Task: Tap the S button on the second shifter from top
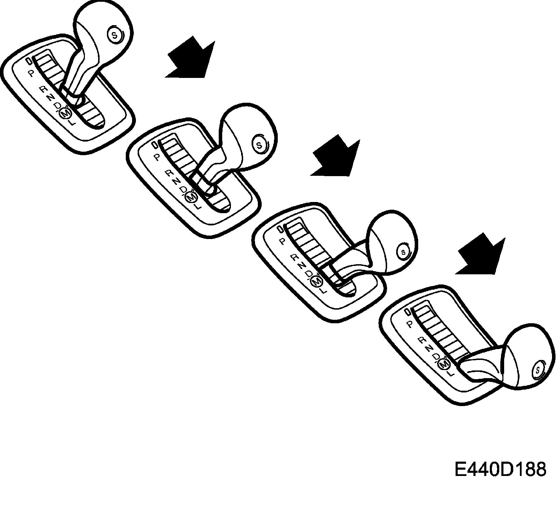259,145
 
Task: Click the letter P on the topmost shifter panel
31,73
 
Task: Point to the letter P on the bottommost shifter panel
410,324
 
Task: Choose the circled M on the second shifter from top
191,197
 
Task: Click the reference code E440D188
500,469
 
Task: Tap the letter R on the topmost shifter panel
44,89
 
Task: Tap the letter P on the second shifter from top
157,158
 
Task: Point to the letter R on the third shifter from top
294,258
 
